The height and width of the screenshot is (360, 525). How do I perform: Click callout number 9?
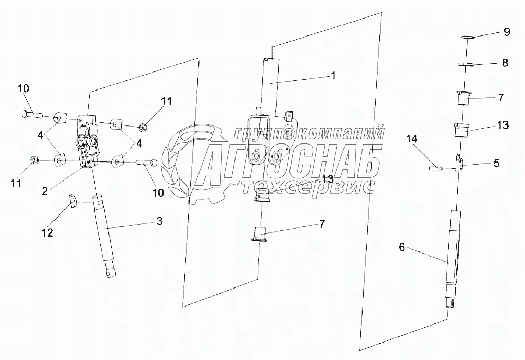pyautogui.click(x=506, y=32)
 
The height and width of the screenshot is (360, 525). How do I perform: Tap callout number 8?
pyautogui.click(x=505, y=63)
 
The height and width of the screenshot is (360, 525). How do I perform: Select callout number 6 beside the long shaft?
pyautogui.click(x=402, y=247)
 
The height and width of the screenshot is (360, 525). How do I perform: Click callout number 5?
pyautogui.click(x=496, y=164)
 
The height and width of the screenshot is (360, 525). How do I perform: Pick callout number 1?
pyautogui.click(x=333, y=75)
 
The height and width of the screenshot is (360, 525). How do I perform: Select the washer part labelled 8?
pyautogui.click(x=466, y=64)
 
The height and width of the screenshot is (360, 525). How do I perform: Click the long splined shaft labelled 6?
pyautogui.click(x=454, y=257)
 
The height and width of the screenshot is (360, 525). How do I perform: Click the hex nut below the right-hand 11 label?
pyautogui.click(x=145, y=125)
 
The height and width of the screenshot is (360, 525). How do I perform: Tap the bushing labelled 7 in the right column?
pyautogui.click(x=466, y=97)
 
